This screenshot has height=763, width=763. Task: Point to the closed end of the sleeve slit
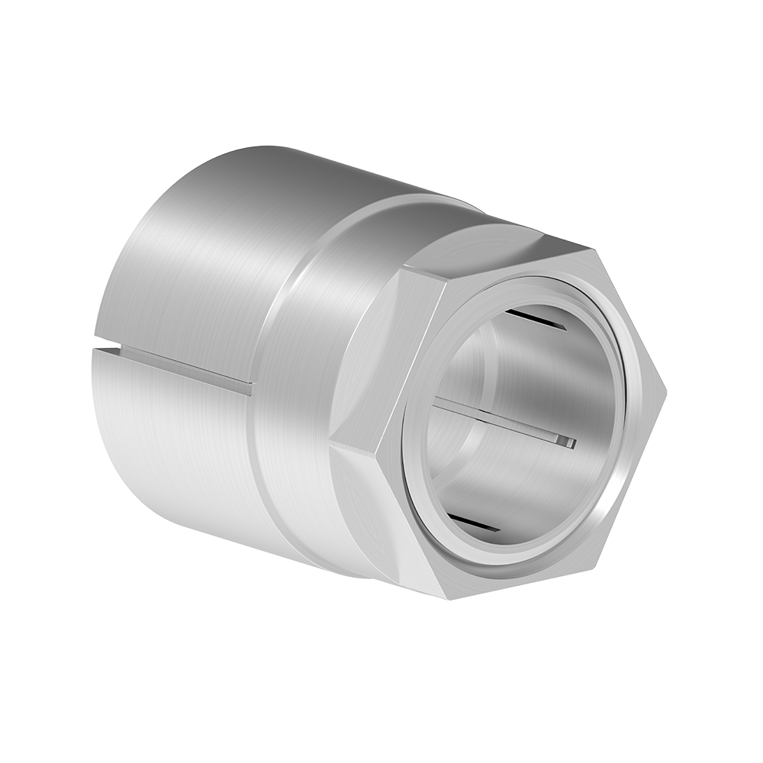(x=249, y=388)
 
